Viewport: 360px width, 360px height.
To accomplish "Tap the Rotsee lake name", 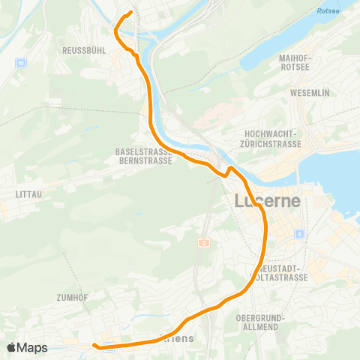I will tap(328, 11).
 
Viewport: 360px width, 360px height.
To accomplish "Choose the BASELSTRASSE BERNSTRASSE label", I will tap(144, 156).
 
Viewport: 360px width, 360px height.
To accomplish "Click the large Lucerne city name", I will tap(268, 202).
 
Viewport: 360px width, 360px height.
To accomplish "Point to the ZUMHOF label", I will tap(72, 298).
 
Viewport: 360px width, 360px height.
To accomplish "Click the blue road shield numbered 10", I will tap(20, 62).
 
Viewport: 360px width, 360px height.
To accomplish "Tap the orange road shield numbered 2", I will tap(202, 243).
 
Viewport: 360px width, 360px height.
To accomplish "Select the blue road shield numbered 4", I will tap(299, 235).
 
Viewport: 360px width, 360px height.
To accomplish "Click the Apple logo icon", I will tap(12, 347).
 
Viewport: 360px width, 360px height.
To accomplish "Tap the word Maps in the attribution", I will tap(34, 347).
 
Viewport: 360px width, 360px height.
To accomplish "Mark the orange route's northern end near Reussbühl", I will tap(130, 12).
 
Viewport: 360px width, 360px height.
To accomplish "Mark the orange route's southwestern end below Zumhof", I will tap(94, 345).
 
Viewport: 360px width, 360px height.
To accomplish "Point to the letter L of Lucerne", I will tap(241, 202).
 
